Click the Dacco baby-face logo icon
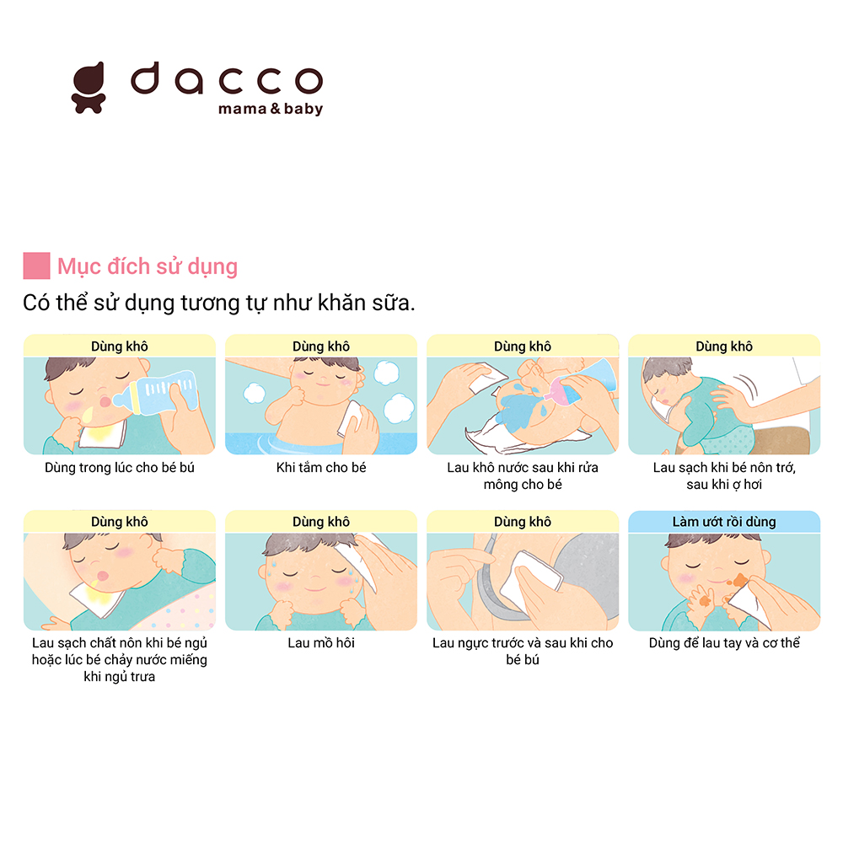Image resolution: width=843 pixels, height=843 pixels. click(x=89, y=88)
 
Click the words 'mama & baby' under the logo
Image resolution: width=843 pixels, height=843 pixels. click(x=271, y=109)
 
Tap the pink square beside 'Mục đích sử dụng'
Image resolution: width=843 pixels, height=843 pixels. click(x=36, y=266)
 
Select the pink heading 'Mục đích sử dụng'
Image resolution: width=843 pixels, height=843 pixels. click(x=148, y=266)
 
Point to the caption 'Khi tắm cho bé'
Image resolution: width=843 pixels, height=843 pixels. click(x=321, y=468)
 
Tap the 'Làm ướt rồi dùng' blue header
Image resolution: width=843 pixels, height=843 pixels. click(x=724, y=522)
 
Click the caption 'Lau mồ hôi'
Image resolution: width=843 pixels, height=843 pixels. click(x=321, y=643)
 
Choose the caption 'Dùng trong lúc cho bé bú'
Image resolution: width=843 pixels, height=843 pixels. click(x=120, y=468)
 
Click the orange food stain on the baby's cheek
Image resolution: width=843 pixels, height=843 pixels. click(x=740, y=581)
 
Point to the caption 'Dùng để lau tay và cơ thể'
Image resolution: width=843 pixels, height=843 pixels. click(x=724, y=643)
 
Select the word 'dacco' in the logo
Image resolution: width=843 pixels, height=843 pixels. click(x=226, y=79)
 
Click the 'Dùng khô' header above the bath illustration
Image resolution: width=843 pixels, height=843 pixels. click(x=321, y=346)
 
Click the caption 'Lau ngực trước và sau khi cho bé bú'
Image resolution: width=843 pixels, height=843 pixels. click(x=523, y=651)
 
